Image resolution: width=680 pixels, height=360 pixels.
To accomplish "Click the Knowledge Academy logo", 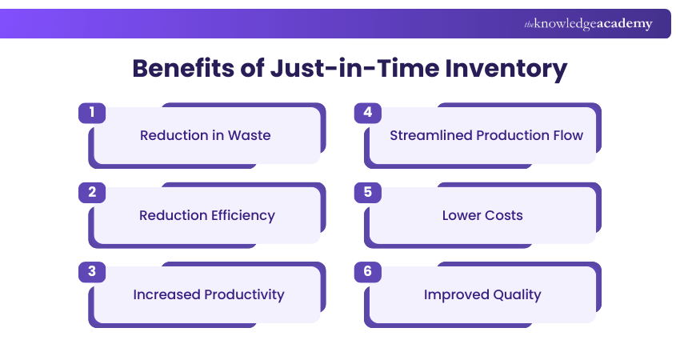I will click(588, 24).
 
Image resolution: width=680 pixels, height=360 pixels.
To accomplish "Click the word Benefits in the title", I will click(181, 69).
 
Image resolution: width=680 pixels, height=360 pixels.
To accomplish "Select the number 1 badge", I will click(92, 113).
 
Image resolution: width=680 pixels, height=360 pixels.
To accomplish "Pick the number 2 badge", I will click(92, 192).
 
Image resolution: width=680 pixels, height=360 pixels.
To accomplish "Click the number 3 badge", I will click(92, 272).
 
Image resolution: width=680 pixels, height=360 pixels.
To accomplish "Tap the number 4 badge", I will click(367, 113).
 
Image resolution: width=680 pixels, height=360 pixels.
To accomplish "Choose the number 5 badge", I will click(367, 192).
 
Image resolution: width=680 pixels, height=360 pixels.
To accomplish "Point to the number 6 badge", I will click(367, 272).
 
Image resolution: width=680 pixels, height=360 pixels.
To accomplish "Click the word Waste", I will click(249, 135).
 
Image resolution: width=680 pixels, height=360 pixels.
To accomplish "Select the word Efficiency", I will click(239, 215).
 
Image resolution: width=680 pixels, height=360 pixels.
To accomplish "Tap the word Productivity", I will click(246, 294).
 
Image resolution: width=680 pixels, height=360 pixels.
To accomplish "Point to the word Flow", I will click(567, 135).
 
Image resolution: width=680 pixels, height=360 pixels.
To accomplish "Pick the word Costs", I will click(504, 215).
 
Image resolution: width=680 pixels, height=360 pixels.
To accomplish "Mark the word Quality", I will click(516, 294).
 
